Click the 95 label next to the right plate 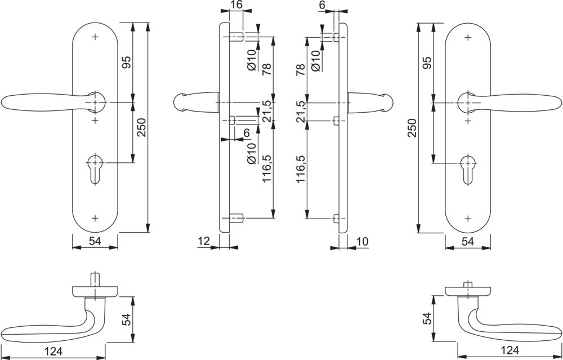[427, 63]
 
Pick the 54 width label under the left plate [95, 241]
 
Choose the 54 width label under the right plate [467, 241]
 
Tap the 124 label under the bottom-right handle [509, 351]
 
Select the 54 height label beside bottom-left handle [127, 319]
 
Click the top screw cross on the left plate [95, 37]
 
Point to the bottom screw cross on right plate [467, 217]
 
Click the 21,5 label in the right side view [301, 112]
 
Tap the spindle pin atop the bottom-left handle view [95, 279]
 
